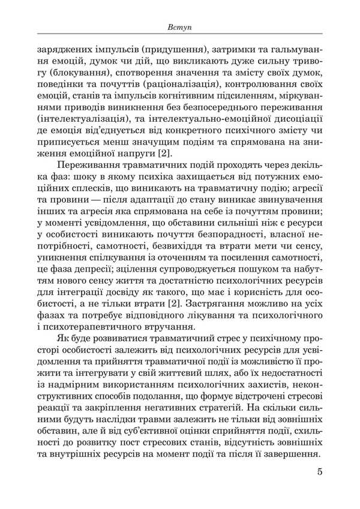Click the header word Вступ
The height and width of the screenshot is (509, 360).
180,28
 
